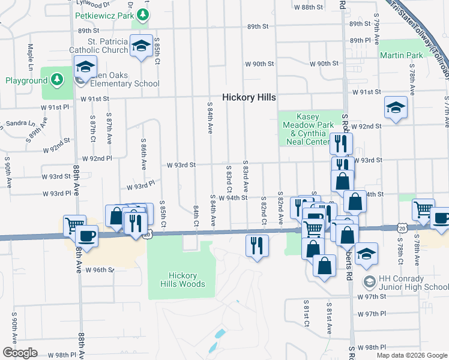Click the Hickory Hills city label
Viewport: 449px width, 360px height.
pos(249,97)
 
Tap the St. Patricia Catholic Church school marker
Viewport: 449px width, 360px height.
pos(141,46)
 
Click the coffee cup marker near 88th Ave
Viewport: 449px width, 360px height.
pos(88,235)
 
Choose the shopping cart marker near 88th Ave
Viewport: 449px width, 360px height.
pos(74,226)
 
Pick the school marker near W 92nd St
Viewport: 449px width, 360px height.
pos(396,107)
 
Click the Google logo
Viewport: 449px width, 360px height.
pos(20,352)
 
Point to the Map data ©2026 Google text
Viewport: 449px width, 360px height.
pos(412,355)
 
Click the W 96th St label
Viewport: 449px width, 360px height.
pos(99,270)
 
